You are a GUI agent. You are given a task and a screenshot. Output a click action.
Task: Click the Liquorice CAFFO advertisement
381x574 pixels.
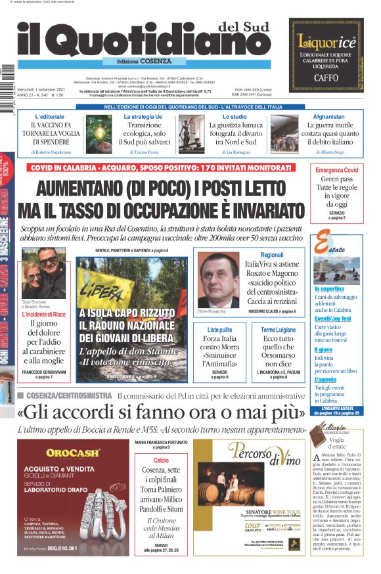[326, 54]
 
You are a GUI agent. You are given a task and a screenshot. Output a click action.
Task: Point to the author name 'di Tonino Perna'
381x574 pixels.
[145, 152]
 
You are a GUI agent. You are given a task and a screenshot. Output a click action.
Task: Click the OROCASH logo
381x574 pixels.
[74, 453]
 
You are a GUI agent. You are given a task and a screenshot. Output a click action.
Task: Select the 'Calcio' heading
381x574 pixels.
[161, 460]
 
